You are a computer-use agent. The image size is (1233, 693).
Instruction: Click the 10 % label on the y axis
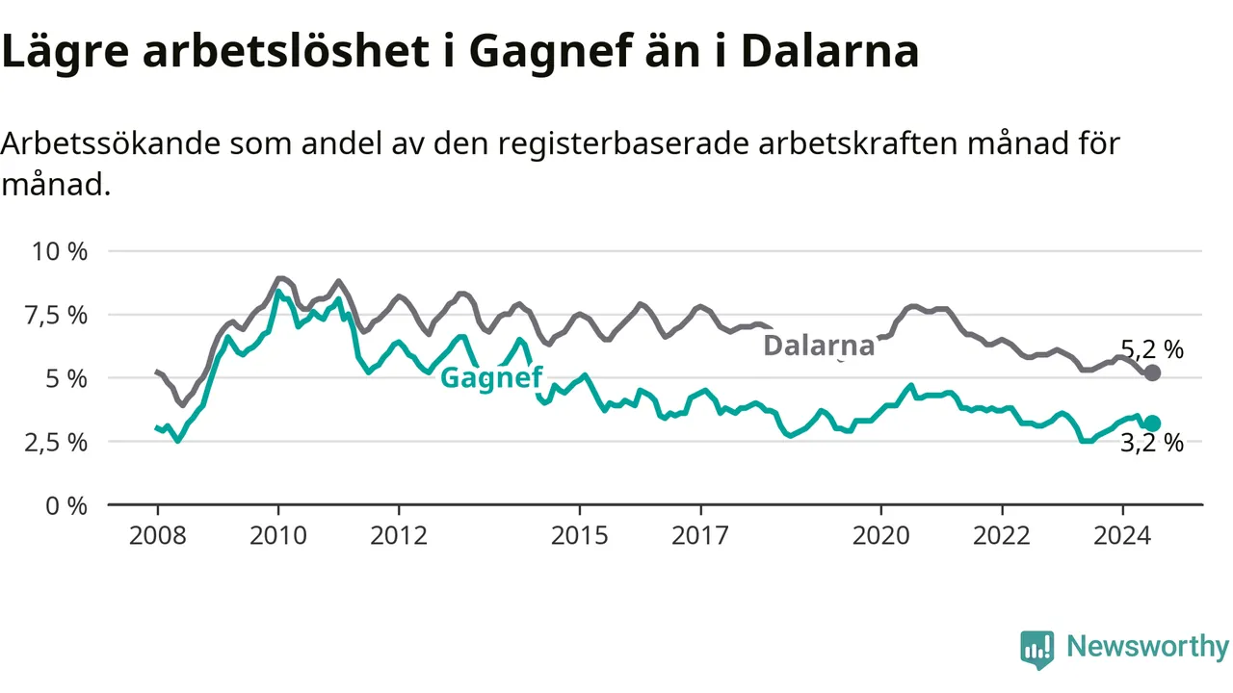pos(60,251)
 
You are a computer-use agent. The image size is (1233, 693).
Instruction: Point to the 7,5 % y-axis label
pos(56,316)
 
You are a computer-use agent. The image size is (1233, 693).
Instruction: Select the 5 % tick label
pos(66,379)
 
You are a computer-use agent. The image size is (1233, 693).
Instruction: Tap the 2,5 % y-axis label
pos(56,442)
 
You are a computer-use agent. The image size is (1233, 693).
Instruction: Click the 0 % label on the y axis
pos(66,505)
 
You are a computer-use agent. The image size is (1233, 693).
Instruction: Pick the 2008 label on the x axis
pos(157,535)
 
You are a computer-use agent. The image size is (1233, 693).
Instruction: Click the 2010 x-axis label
pos(278,535)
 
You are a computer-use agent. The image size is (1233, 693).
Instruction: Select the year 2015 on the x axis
pos(580,535)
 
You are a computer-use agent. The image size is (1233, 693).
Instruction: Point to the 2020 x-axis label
pos(881,535)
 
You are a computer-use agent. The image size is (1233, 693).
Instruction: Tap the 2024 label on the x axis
pos(1122,535)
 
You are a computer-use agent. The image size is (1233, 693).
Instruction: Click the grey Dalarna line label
pos(819,346)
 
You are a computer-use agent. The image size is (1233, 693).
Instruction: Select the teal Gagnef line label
pos(491,378)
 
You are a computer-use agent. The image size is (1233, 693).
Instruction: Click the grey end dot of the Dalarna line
pos(1152,372)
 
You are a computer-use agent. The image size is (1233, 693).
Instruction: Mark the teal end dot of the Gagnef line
pos(1152,423)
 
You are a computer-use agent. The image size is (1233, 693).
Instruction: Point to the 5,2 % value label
pos(1152,349)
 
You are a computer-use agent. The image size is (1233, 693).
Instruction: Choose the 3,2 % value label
pos(1152,443)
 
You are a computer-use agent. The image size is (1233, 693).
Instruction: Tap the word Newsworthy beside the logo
pos(1147,646)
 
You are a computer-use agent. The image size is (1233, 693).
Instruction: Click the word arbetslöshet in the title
pos(286,52)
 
